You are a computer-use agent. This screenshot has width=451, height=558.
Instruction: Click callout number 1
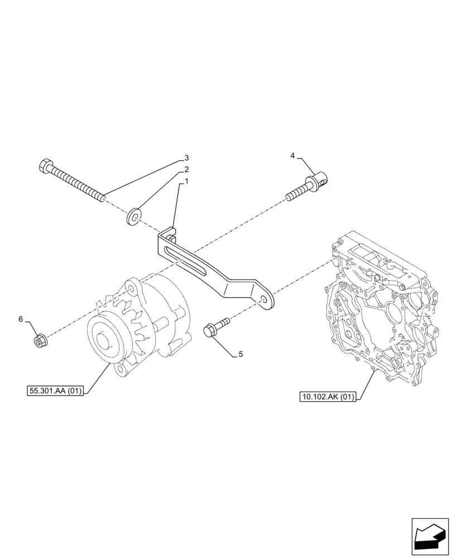point(186,181)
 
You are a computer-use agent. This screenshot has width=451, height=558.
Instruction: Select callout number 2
point(186,169)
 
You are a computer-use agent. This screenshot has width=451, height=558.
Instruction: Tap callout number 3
point(187,157)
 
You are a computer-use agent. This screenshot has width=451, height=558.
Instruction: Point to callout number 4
point(292,156)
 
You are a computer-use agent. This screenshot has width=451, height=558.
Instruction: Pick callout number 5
point(241,354)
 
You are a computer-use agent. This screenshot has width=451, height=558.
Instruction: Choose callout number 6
point(21,319)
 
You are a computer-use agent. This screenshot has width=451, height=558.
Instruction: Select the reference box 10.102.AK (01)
point(327,397)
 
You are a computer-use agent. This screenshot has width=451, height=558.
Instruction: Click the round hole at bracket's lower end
point(262,300)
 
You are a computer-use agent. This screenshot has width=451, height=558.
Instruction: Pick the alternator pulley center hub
point(107,341)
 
